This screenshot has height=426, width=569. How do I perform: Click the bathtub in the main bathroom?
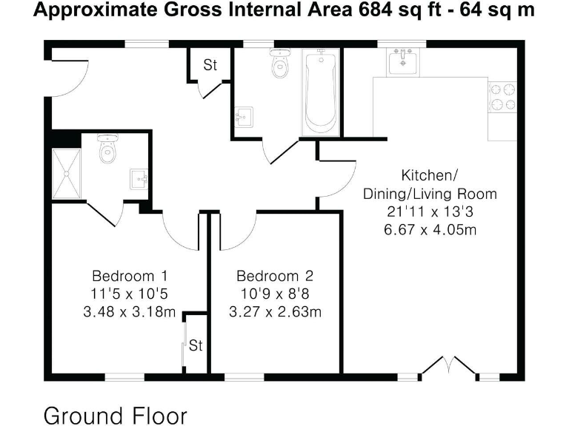[320, 93]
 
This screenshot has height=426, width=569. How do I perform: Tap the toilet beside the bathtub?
[280, 66]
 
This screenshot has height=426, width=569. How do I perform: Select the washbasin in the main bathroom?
[244, 116]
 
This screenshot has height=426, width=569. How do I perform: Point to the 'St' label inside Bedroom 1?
[196, 345]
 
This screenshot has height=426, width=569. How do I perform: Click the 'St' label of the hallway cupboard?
[210, 65]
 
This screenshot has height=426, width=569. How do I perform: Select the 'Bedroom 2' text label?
[275, 276]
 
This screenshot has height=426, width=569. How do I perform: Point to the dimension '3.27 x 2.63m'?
[275, 311]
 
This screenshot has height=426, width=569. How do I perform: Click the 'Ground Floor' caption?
[116, 414]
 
